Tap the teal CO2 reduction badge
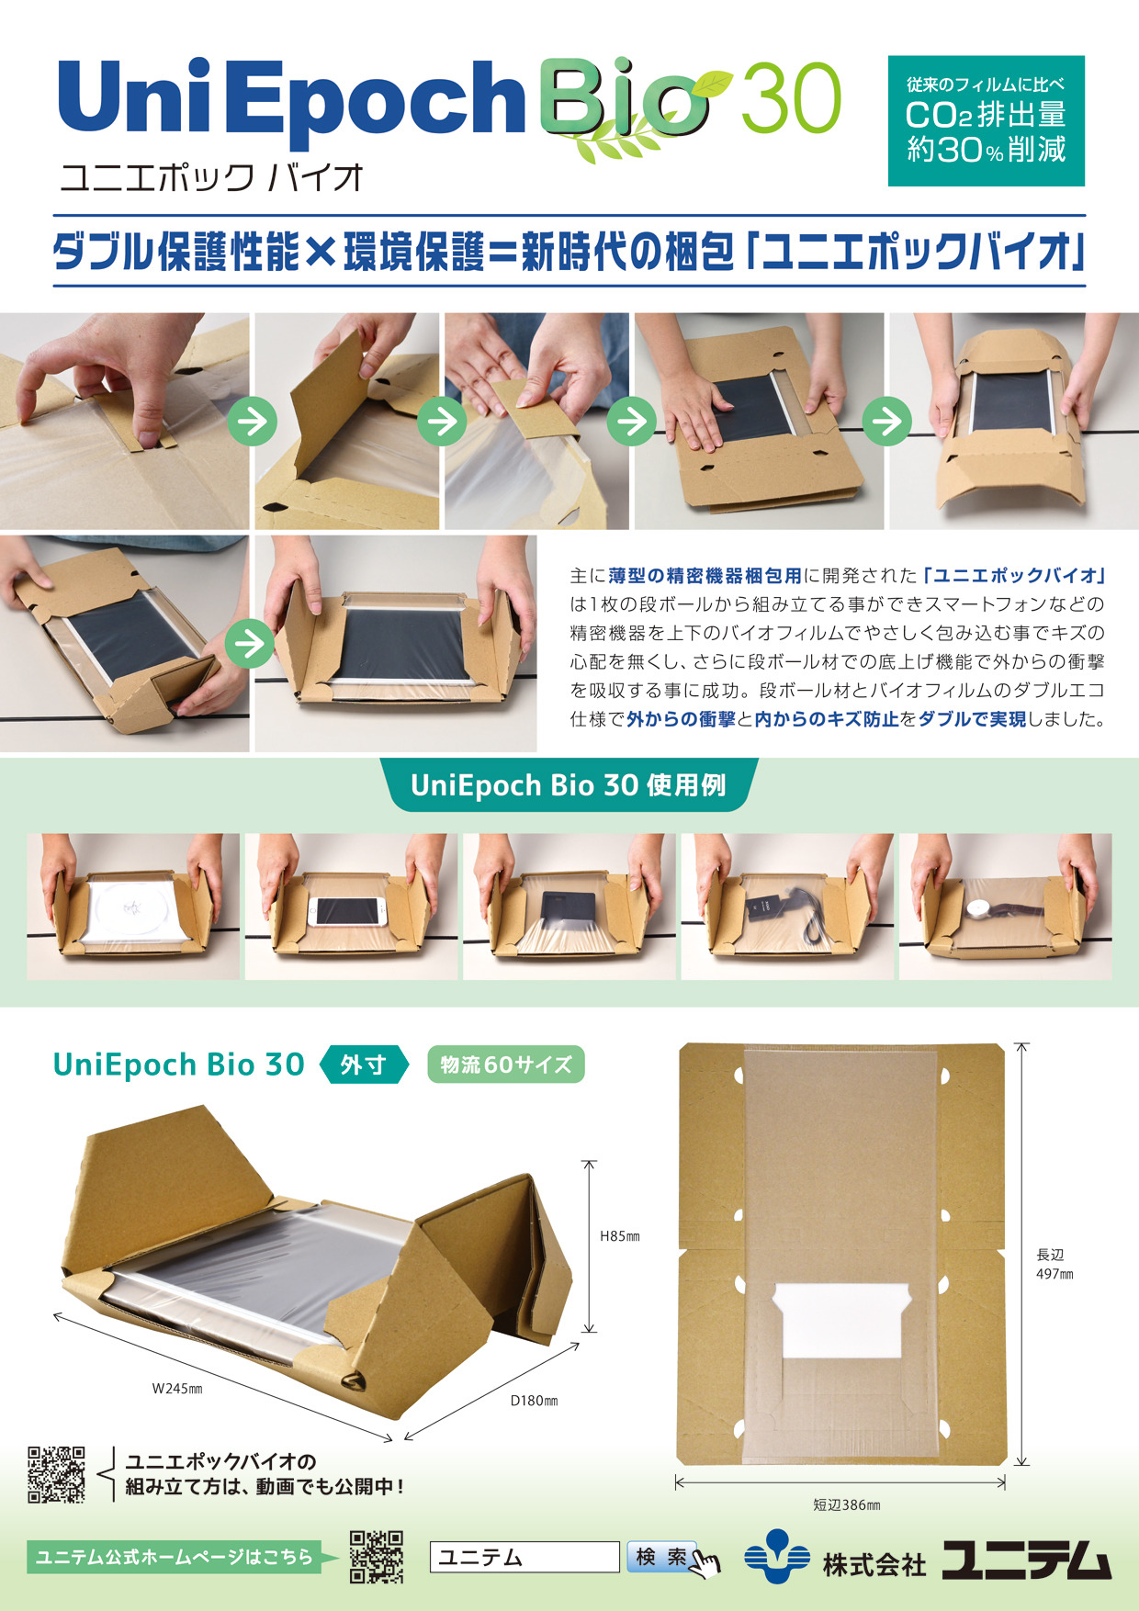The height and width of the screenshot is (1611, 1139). click(986, 121)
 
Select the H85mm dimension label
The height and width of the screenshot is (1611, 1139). click(620, 1236)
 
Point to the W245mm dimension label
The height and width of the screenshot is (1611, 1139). click(177, 1389)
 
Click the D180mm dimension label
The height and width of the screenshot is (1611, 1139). click(534, 1401)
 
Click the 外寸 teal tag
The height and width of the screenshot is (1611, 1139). click(364, 1065)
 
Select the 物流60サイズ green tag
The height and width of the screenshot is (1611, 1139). click(506, 1065)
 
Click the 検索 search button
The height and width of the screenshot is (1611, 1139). click(661, 1557)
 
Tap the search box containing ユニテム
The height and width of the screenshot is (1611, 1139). click(524, 1557)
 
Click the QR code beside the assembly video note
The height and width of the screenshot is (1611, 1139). click(56, 1474)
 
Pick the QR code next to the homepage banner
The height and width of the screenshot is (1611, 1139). click(377, 1557)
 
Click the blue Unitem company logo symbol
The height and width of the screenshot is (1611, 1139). click(776, 1557)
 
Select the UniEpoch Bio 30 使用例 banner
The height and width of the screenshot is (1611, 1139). click(569, 785)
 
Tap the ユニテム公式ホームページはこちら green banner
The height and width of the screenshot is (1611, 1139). click(175, 1557)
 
